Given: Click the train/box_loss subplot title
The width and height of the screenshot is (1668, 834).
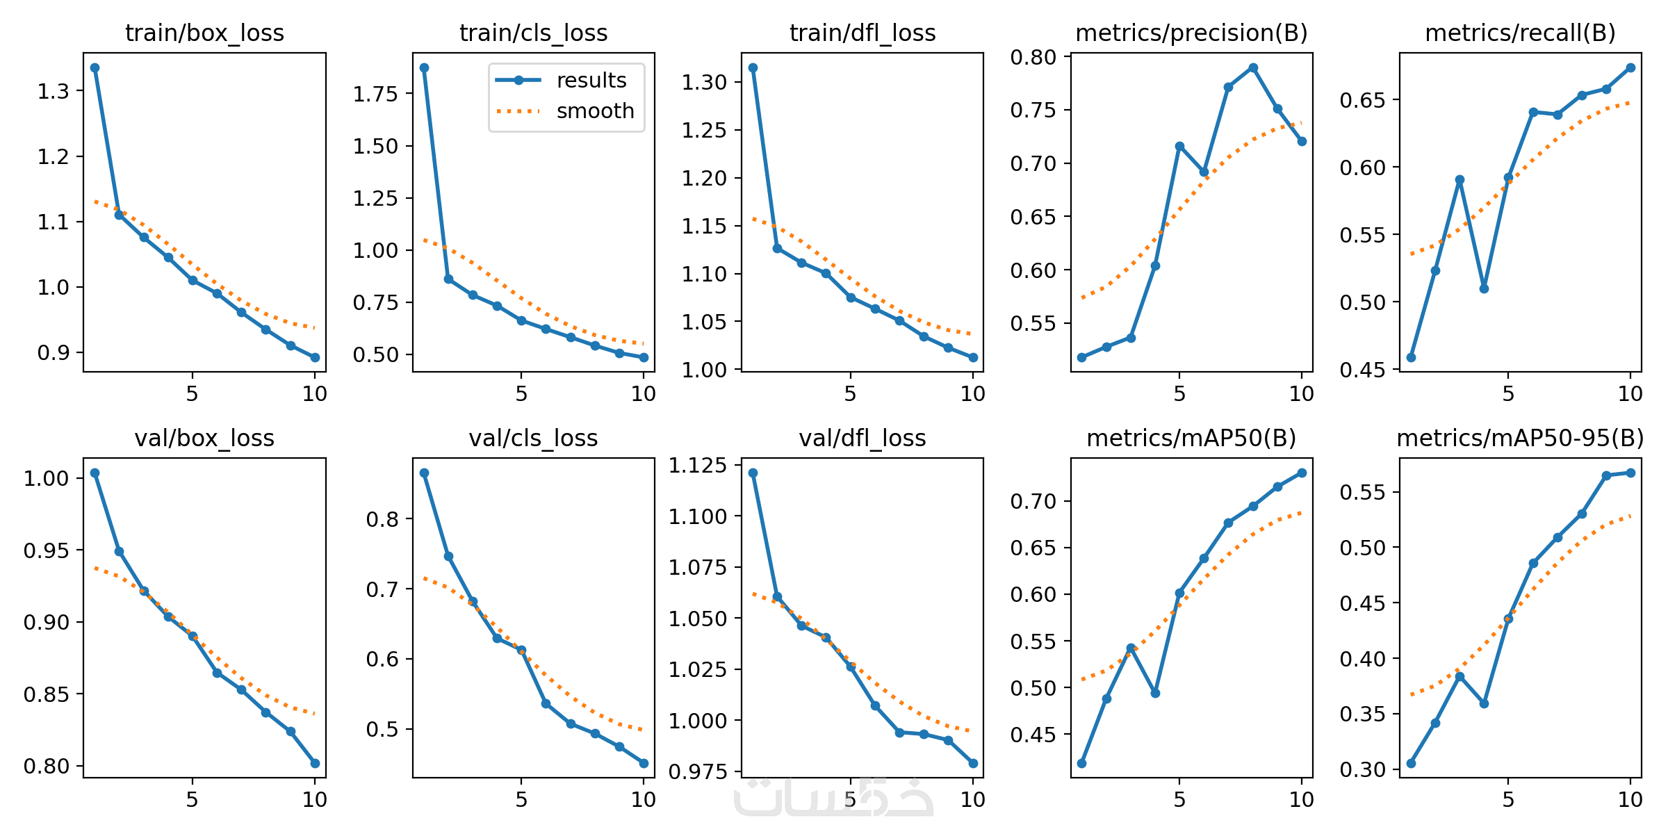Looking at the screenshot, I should click(x=204, y=33).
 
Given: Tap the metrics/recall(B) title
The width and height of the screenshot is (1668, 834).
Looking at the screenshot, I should click(x=1520, y=33).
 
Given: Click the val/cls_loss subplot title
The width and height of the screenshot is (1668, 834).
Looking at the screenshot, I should click(x=533, y=439).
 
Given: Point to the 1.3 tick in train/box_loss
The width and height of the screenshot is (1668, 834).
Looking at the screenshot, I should click(x=54, y=91).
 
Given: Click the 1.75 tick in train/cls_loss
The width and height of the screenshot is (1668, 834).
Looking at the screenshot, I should click(x=375, y=94).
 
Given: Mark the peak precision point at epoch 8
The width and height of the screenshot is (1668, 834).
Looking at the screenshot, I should click(x=1253, y=68).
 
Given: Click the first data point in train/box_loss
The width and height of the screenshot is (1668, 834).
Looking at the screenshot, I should click(x=95, y=68).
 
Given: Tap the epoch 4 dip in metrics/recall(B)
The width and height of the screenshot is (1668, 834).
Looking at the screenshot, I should click(x=1484, y=288).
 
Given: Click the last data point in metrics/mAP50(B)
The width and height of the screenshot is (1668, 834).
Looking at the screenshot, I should click(x=1302, y=473).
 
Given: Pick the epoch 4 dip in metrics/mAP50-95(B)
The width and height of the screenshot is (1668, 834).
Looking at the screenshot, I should click(x=1484, y=703).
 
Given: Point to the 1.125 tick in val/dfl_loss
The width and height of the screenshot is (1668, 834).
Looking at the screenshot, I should click(x=697, y=466).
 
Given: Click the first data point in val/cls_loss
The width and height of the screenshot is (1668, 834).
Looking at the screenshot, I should click(x=424, y=473).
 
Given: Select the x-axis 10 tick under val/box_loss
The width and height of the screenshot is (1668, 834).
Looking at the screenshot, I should click(x=315, y=799).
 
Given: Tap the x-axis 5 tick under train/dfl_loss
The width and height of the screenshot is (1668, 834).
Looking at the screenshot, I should click(x=850, y=394).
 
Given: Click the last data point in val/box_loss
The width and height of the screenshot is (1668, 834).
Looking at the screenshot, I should click(x=315, y=763).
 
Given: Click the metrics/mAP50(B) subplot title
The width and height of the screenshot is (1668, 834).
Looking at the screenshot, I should click(x=1191, y=439).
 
